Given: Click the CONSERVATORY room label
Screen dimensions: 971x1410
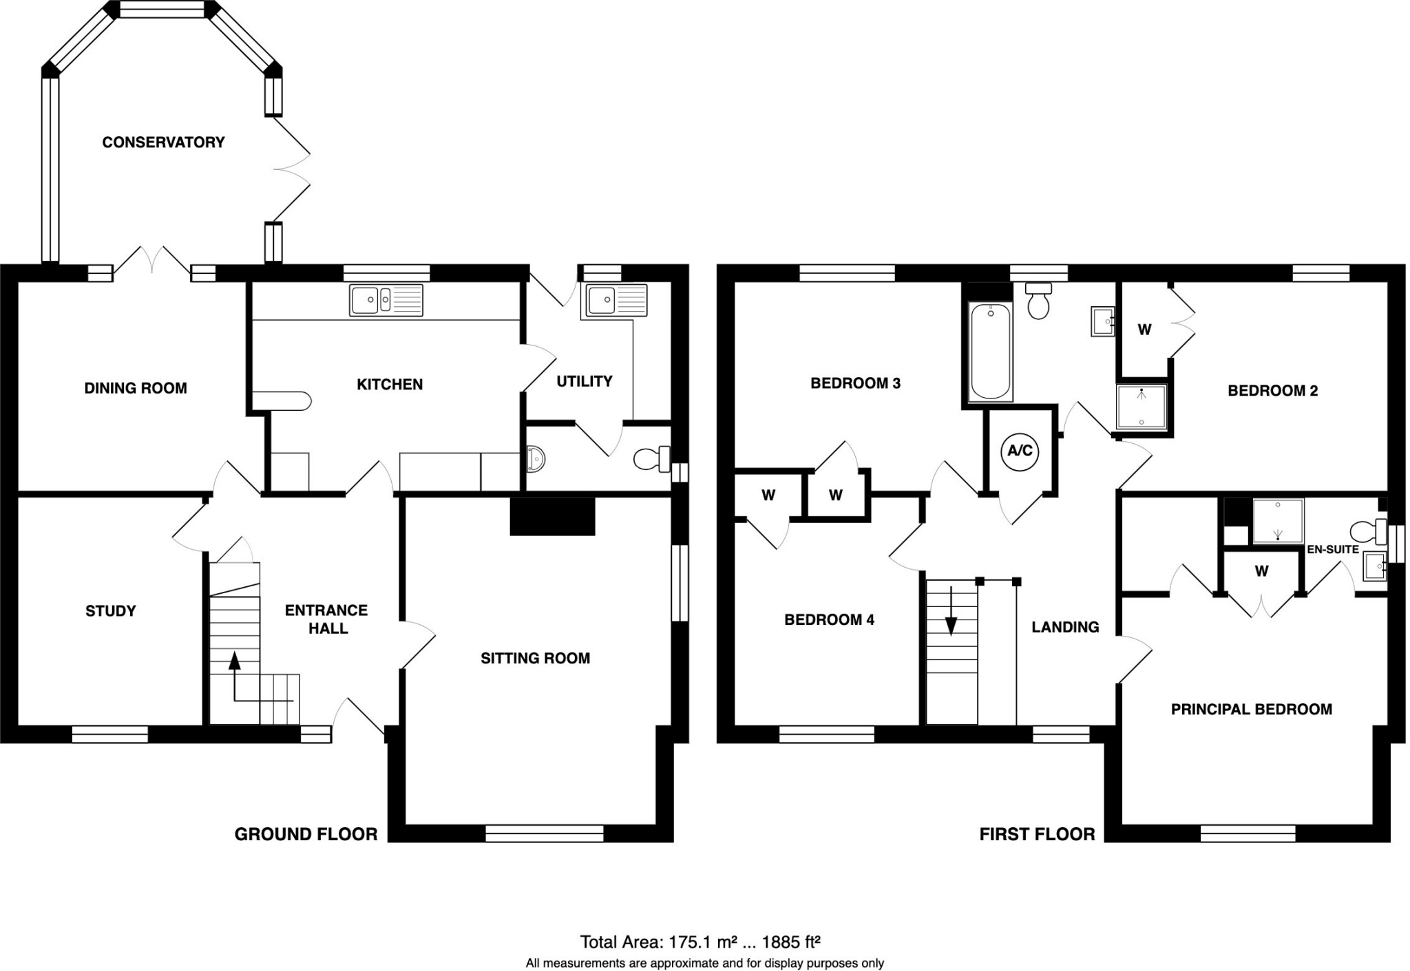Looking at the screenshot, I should click(x=163, y=142).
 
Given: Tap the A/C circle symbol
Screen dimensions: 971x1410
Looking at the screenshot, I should click(x=1020, y=451).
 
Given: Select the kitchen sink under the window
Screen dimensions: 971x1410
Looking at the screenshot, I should click(x=386, y=300).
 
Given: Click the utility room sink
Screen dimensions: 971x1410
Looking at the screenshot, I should click(x=616, y=300).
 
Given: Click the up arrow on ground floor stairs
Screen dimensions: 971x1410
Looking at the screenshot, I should click(x=235, y=662).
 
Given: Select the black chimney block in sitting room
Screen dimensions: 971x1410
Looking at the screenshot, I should click(x=551, y=516).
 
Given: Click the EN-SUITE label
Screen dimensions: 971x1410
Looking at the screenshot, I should click(x=1333, y=549).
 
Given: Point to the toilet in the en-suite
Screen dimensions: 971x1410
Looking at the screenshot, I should click(x=1367, y=531).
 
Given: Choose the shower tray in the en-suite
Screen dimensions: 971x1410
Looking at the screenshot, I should click(x=1278, y=520).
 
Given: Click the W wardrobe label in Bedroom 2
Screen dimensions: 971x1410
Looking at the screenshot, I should click(x=1144, y=330).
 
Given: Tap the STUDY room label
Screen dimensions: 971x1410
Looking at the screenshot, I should click(x=110, y=610).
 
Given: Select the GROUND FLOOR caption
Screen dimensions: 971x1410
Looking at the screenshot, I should click(x=306, y=834).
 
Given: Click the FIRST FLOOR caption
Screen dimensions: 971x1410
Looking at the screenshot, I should click(x=1037, y=834).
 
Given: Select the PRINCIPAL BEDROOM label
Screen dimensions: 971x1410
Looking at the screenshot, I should click(x=1251, y=709).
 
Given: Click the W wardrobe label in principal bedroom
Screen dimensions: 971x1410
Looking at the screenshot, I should click(x=1261, y=570).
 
